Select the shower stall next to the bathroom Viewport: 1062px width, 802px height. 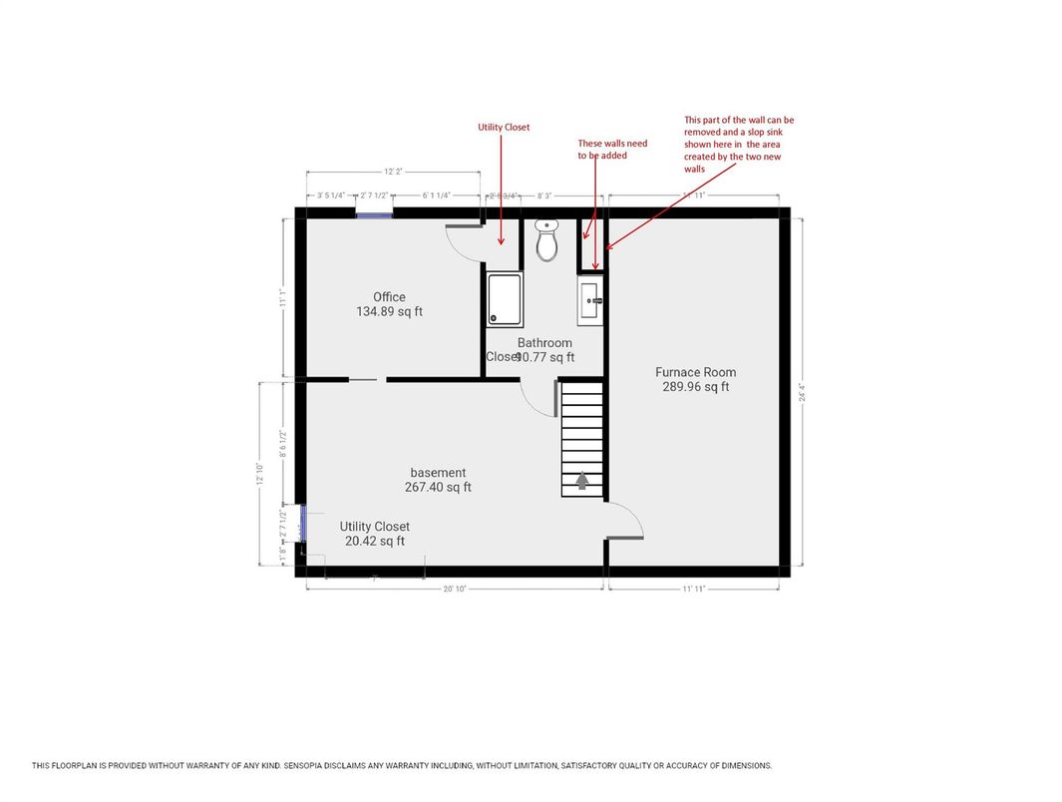point(504,299)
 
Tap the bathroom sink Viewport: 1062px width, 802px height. point(589,300)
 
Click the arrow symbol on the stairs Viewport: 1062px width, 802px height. point(582,481)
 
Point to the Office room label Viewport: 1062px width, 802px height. point(389,297)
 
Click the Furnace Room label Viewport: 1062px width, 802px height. point(695,372)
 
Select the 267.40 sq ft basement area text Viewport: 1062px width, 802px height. point(439,488)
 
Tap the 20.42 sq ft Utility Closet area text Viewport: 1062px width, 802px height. point(374,542)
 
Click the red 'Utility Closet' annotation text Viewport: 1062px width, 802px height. point(504,128)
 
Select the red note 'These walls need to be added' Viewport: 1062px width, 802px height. point(612,150)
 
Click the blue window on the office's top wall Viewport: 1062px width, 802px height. point(374,213)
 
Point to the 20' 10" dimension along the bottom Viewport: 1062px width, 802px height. point(454,590)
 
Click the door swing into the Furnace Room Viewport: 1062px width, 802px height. point(626,520)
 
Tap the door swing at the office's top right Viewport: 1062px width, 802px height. point(464,239)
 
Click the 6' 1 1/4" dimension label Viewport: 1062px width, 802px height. point(437,197)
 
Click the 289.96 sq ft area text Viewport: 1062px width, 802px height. point(695,387)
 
